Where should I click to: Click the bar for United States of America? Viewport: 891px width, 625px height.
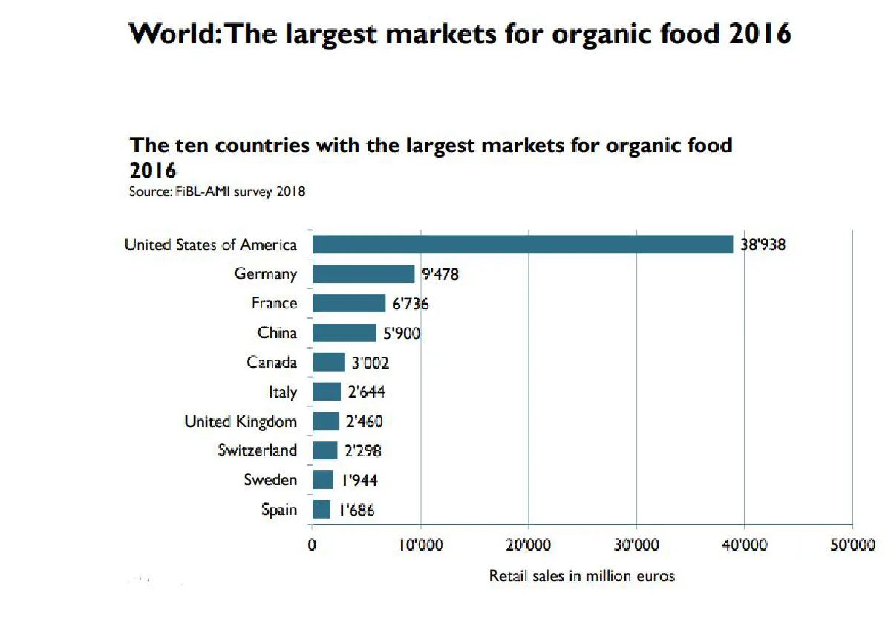[522, 245]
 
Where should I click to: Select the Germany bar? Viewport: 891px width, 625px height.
[363, 274]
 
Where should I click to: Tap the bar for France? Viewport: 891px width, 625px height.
[348, 303]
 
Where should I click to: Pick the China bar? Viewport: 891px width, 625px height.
[344, 333]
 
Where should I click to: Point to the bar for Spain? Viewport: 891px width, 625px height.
[321, 510]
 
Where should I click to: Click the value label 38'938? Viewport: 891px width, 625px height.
[763, 245]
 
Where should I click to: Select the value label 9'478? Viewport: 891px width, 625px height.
[440, 274]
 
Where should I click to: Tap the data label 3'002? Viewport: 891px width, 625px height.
[370, 363]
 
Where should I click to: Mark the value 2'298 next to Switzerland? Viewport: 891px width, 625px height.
[362, 451]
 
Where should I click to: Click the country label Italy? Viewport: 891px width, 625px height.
[283, 392]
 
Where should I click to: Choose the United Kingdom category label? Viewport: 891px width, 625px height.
[241, 421]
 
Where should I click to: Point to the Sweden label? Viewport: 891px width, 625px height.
[270, 480]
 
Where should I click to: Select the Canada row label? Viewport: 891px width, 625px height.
[272, 363]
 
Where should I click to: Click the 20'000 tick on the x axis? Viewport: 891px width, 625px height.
[528, 545]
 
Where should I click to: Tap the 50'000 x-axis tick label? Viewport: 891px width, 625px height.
[852, 545]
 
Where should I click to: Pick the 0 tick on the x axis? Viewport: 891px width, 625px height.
[312, 545]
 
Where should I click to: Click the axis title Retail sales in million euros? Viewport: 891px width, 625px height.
[582, 576]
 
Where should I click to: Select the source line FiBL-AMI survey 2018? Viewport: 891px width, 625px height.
[218, 192]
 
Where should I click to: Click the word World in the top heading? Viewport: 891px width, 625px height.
[170, 34]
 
